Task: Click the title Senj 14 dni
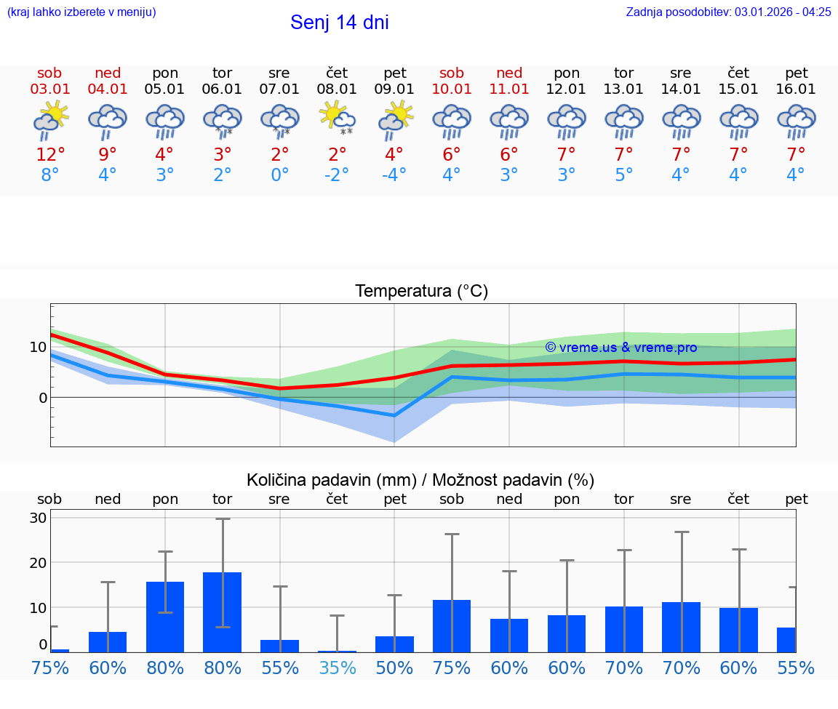tap(339, 23)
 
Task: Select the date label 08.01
tap(337, 89)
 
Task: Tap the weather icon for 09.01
tap(395, 120)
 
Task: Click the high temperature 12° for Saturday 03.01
tap(50, 154)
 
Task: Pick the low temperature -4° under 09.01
tap(394, 175)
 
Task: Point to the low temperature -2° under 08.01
tap(337, 175)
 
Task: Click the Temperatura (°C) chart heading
tap(421, 292)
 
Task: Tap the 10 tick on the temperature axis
tap(38, 347)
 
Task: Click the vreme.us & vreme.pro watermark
tap(620, 348)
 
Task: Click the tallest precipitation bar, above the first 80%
tap(222, 612)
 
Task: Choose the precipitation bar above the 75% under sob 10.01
tap(452, 625)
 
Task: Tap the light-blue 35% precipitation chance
tap(337, 668)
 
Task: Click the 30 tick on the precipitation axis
tap(38, 518)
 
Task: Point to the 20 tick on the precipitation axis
tap(38, 562)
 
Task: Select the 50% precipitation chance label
tap(394, 668)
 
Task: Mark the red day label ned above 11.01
tap(509, 73)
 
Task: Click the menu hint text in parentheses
tap(81, 12)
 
